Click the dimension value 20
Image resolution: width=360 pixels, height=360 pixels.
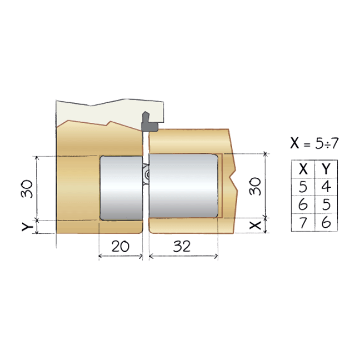point(120,246)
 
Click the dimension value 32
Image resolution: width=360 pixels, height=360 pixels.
point(182,246)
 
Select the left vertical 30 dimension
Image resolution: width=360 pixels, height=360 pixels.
point(27,189)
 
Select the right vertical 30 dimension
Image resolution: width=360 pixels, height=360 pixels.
point(255,186)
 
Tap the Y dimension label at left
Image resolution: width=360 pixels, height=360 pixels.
point(28,227)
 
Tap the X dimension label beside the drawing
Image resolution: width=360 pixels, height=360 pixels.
point(255,225)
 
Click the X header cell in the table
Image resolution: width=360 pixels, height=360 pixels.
point(303,169)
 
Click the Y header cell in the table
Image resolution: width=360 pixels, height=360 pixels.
point(326,169)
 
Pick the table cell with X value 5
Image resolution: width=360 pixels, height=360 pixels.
point(303,187)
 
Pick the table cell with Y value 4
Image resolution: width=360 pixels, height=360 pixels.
point(326,187)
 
